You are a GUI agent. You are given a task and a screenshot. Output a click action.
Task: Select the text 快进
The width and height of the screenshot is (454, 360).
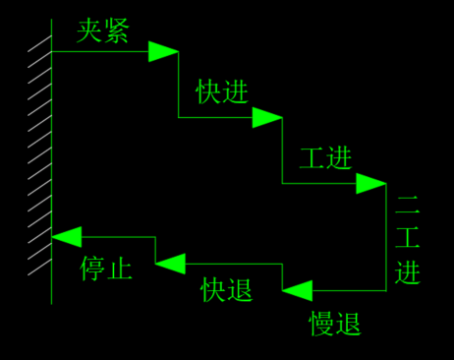coord(222,91)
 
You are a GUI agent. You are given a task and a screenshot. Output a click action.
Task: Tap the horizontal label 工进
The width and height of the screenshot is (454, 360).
coord(325,157)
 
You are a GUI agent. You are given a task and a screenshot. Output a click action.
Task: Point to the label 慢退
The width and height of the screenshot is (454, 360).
coord(335,323)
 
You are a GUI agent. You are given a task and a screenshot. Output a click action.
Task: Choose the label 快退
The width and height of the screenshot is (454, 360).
coord(227,289)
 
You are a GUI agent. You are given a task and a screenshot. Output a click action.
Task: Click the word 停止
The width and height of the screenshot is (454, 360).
coord(106,269)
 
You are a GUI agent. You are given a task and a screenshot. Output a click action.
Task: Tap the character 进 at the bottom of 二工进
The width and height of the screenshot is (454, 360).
coord(408,271)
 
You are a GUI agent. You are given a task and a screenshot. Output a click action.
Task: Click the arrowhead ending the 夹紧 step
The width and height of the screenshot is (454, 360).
coord(163,51)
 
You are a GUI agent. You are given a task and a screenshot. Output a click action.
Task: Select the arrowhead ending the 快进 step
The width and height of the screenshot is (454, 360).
coord(266,118)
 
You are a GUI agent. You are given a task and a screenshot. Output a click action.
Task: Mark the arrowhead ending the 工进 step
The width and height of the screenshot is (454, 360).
coord(371,183)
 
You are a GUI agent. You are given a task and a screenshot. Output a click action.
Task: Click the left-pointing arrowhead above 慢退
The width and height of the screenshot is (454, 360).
coord(298,290)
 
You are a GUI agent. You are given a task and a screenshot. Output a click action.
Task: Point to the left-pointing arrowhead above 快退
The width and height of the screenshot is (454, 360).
coord(170,263)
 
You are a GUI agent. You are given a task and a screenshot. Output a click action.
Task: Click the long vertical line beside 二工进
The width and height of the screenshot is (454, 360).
coord(386,236)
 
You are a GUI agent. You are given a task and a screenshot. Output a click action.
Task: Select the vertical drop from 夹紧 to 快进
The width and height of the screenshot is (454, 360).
coord(178,86)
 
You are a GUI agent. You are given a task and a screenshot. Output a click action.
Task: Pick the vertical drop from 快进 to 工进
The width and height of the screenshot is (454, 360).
coord(282,151)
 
